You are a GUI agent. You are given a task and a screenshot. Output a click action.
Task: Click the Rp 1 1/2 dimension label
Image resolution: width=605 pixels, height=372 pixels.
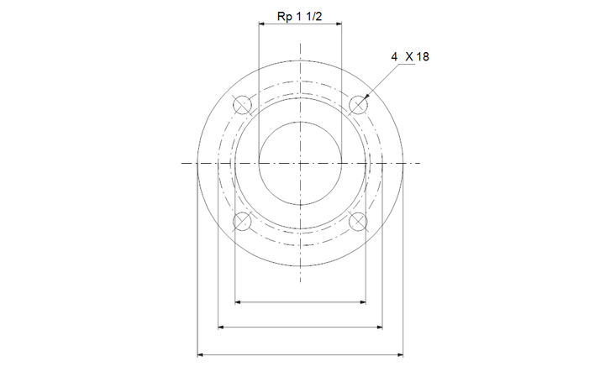(x=299, y=17)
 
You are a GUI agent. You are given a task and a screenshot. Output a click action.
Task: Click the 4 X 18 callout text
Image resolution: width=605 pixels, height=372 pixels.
(x=410, y=56)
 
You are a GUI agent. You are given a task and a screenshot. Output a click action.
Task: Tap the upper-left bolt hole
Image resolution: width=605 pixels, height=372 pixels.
(x=242, y=104)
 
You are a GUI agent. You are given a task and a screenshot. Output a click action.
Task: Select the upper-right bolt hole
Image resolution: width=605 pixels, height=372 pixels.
(x=358, y=104)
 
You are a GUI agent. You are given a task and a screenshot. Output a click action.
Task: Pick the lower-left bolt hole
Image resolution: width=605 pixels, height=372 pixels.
(x=242, y=222)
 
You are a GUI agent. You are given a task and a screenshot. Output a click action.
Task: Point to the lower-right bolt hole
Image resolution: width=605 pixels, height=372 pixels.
(x=358, y=222)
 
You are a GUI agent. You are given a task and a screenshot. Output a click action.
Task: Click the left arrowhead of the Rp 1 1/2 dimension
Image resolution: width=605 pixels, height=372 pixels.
(x=261, y=24)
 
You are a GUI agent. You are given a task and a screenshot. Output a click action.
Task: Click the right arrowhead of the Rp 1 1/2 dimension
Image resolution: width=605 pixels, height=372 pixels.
(x=339, y=24)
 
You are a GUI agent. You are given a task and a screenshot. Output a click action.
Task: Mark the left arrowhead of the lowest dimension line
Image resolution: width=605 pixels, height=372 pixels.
(x=200, y=354)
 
